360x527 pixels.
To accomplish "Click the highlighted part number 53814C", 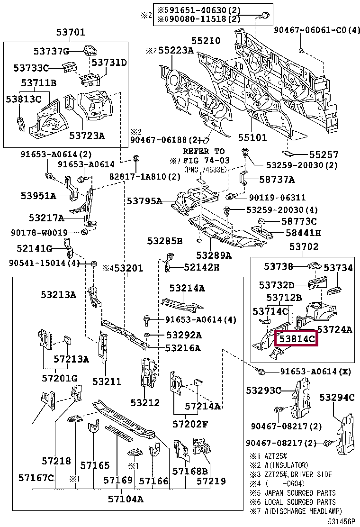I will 297,339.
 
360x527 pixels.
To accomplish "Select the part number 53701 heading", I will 71,33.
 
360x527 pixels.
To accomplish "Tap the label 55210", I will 206,41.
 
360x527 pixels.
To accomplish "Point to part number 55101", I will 252,137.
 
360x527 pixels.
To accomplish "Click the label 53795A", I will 144,201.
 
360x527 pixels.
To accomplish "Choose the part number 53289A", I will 214,255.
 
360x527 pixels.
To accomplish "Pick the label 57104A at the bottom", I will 126,498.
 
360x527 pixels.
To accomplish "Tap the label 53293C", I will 263,390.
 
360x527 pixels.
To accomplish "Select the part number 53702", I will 304,246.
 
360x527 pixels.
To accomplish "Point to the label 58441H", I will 303,233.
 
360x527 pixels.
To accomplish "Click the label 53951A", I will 38,195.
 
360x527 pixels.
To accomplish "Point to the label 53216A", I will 183,348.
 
